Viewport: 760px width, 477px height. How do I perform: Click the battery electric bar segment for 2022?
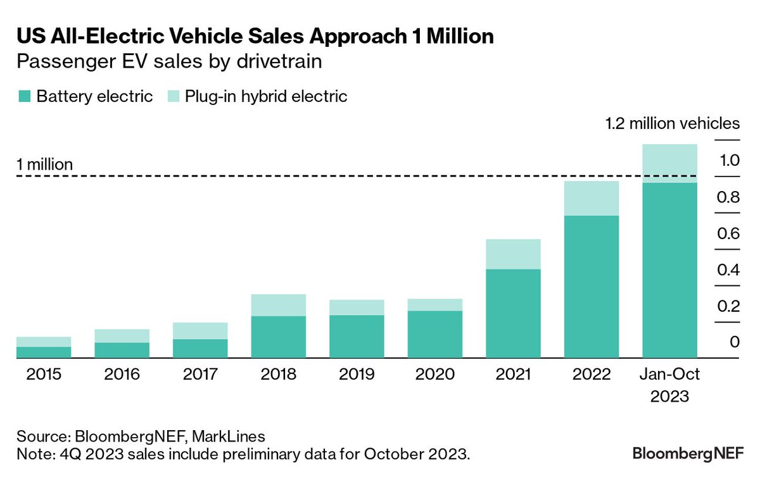(x=592, y=287)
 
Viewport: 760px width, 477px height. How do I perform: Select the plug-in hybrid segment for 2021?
(x=513, y=254)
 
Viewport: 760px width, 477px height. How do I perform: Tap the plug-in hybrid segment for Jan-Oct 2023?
(x=670, y=163)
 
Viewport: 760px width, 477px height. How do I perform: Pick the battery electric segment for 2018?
(x=278, y=337)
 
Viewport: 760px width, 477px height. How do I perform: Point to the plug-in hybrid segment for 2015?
(x=44, y=342)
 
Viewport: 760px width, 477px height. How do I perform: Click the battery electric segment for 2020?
(x=434, y=334)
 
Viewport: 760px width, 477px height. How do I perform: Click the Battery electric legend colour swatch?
(x=24, y=97)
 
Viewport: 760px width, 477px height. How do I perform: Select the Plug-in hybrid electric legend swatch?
(x=172, y=97)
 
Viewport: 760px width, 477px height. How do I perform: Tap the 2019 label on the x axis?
(x=356, y=374)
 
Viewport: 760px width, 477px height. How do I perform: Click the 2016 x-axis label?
(x=122, y=374)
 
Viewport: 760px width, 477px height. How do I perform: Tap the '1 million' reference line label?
(x=44, y=164)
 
